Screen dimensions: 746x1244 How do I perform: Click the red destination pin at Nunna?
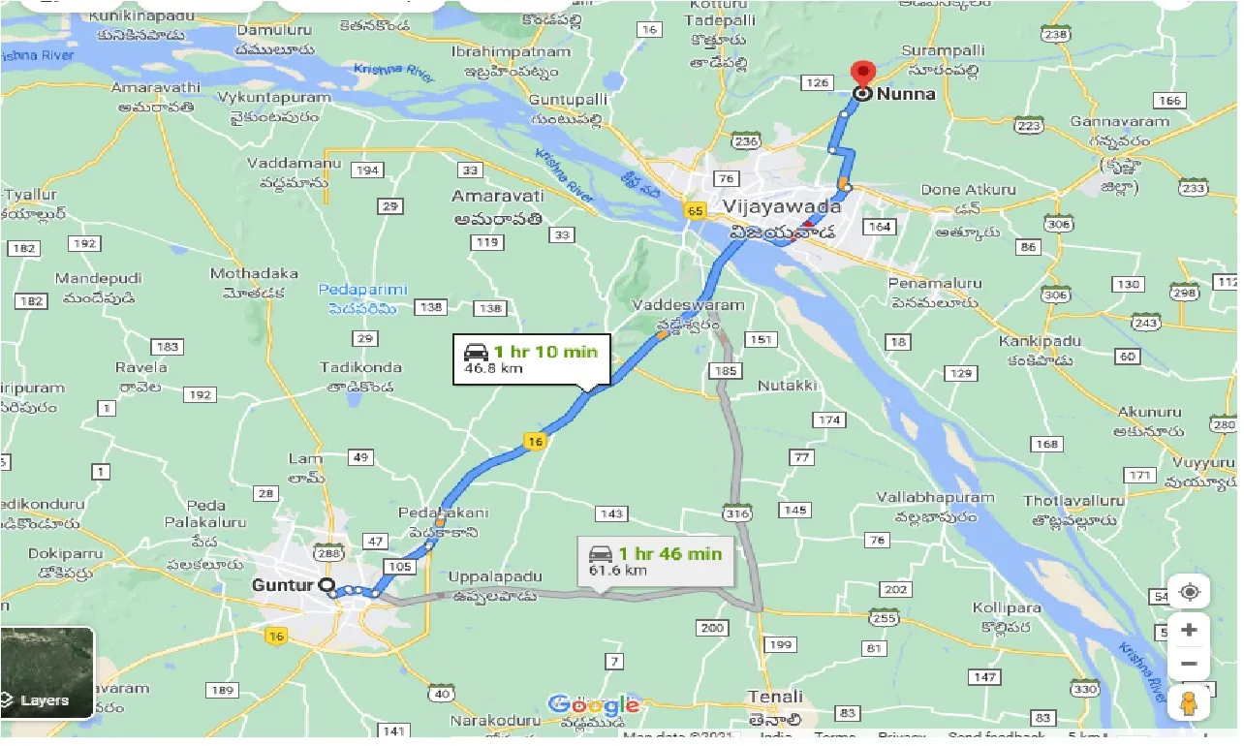861,76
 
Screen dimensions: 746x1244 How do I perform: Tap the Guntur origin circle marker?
327,585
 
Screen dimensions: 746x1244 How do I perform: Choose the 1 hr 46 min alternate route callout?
655,561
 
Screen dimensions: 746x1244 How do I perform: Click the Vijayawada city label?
782,206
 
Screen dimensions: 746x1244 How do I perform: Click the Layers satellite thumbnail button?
47,672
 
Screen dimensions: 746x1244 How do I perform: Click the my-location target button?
1190,592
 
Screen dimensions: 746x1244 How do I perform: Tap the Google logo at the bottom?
594,705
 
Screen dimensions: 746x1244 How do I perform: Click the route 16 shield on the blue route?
536,442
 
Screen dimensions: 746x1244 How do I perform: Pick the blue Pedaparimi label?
363,290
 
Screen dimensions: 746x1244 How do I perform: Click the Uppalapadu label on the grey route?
491,577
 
